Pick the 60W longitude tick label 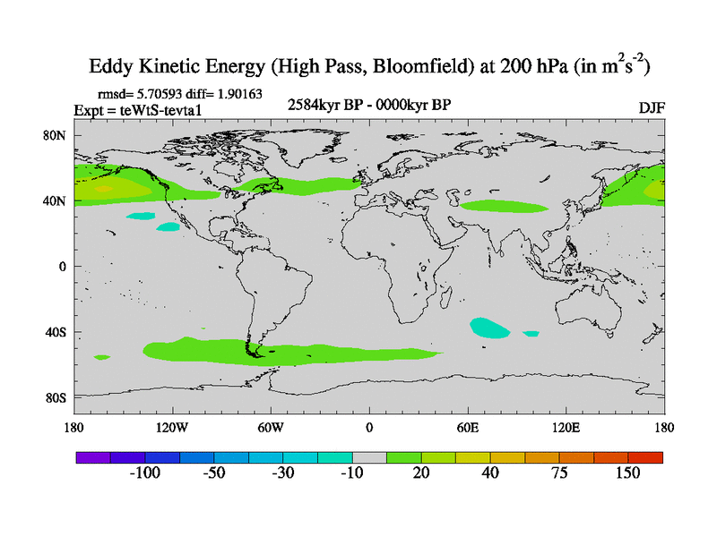click(x=271, y=426)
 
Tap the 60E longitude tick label click(x=468, y=426)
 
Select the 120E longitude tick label click(x=566, y=426)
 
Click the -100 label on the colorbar click(x=143, y=473)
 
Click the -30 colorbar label click(x=282, y=473)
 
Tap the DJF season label click(x=651, y=108)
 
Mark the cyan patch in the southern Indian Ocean click(x=488, y=328)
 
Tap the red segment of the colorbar click(x=645, y=457)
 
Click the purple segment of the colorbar click(x=92, y=457)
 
